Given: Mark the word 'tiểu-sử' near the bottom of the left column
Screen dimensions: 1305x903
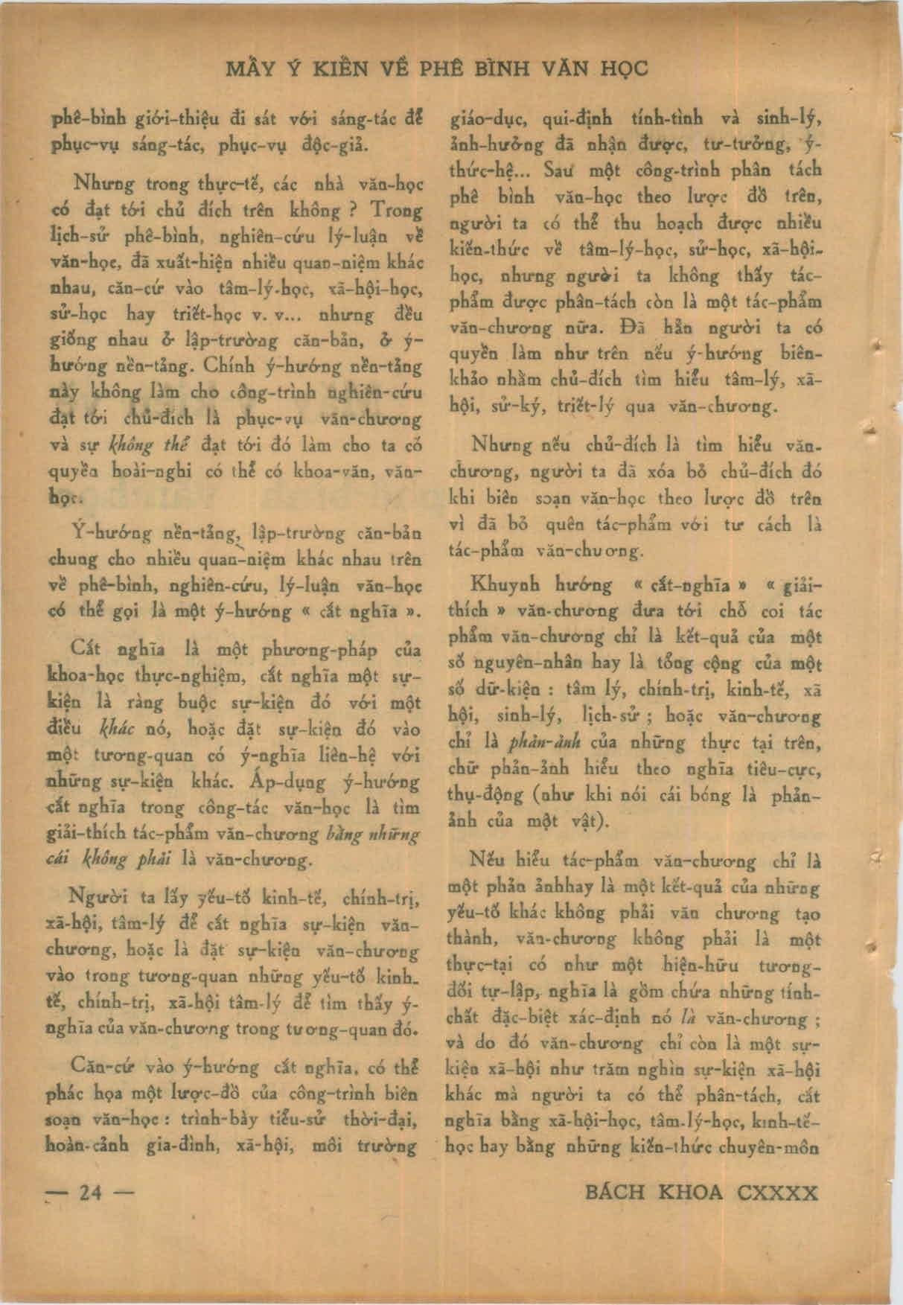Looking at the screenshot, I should pyautogui.click(x=293, y=1120).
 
